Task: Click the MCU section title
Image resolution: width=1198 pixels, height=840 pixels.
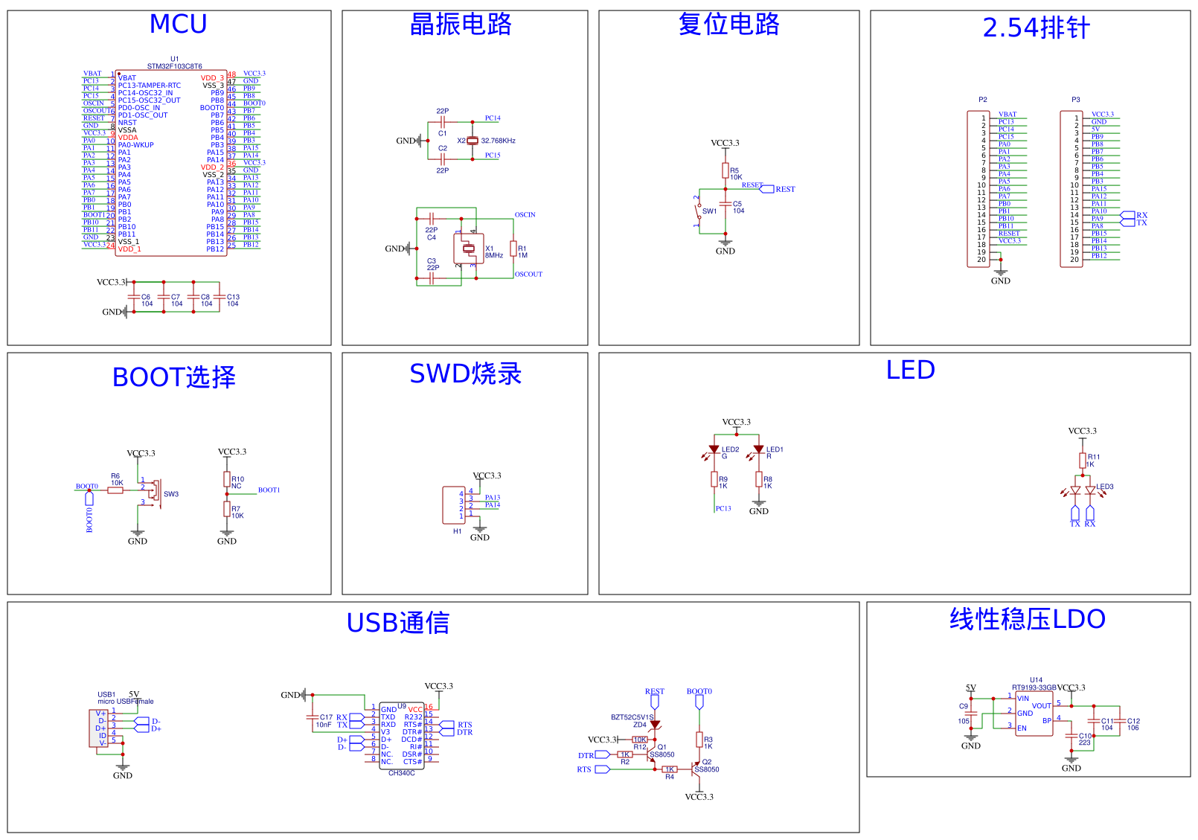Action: tap(178, 25)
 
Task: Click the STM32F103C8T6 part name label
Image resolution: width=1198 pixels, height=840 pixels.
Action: tap(174, 66)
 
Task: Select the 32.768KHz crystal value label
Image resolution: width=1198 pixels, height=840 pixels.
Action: tap(498, 141)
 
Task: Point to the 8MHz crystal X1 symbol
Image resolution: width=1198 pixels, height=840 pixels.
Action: tap(469, 249)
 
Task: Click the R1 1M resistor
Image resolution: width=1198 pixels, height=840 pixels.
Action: tap(513, 249)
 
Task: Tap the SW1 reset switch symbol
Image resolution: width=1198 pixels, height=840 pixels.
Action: tap(699, 211)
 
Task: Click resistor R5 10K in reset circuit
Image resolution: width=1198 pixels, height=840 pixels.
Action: tap(725, 171)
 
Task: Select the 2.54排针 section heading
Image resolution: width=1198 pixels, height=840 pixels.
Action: tap(1036, 28)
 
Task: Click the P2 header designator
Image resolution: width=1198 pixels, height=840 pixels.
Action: tap(982, 100)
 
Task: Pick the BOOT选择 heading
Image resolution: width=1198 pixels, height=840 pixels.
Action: tap(173, 377)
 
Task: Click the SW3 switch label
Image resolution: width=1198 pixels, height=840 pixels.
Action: tap(171, 494)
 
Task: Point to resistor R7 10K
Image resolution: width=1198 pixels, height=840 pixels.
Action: tap(227, 509)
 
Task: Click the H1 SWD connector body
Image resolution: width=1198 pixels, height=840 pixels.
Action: tap(453, 504)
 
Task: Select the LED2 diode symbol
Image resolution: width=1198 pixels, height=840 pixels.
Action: tap(714, 449)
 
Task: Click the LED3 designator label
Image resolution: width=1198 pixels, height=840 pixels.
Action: tap(1105, 487)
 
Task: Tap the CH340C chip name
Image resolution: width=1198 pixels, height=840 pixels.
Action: tap(401, 773)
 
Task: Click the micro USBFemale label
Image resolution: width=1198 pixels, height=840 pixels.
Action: tap(125, 701)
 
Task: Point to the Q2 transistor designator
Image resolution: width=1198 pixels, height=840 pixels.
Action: tap(707, 762)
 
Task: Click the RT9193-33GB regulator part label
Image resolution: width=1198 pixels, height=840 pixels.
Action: tap(1034, 687)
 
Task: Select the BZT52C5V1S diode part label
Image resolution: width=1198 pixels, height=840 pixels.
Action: tap(632, 717)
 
